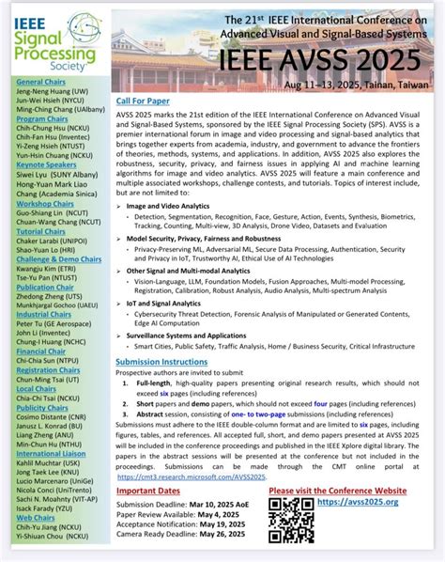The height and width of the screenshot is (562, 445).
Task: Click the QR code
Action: [x=286, y=516]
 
